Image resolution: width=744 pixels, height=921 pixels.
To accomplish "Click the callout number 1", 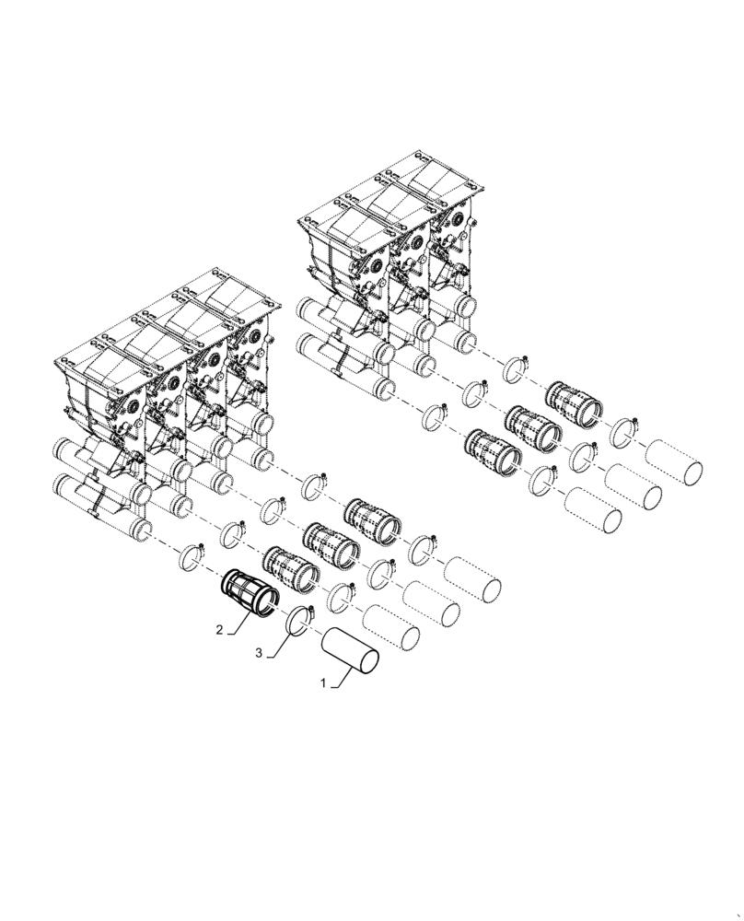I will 322,684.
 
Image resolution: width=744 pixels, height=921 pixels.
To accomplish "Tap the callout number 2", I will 219,631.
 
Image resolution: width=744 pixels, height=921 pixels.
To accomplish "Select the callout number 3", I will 260,652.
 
